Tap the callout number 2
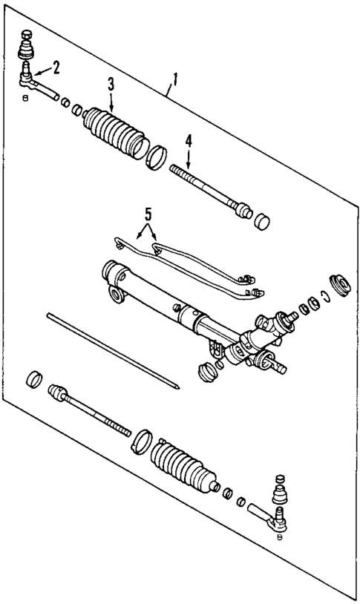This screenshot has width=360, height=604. (56, 67)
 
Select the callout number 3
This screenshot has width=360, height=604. (111, 84)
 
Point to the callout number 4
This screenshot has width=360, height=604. (189, 139)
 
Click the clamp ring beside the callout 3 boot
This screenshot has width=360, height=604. (157, 158)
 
